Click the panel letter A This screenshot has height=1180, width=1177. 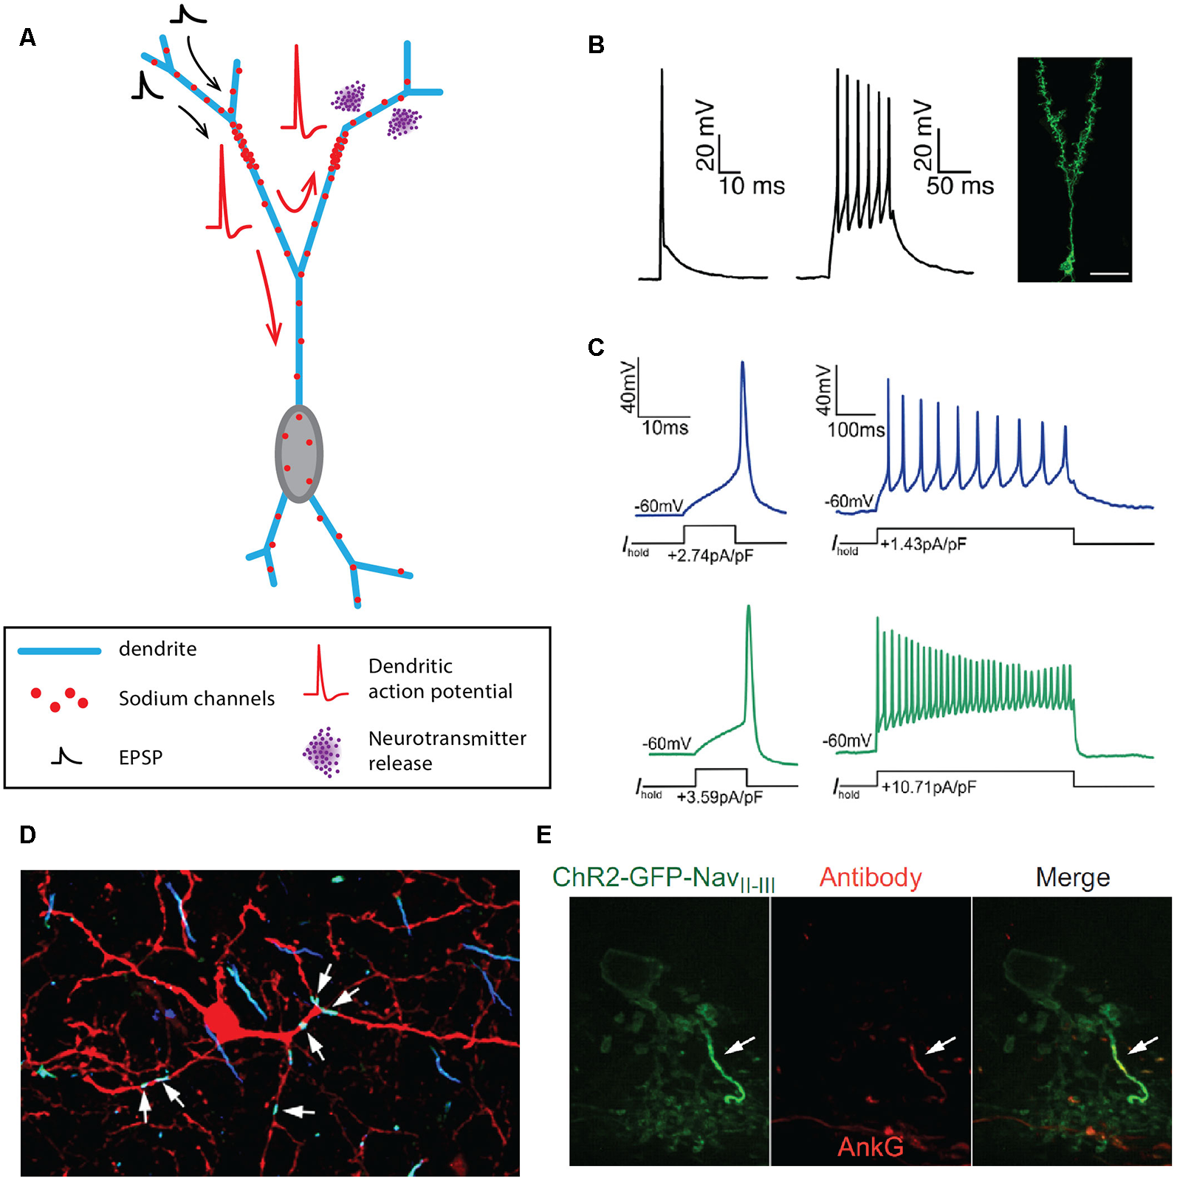point(27,38)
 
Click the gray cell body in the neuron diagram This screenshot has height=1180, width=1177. point(298,453)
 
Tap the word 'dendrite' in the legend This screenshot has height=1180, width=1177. point(157,649)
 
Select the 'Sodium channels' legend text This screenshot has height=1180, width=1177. point(196,699)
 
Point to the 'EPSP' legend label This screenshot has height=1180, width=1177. point(140,758)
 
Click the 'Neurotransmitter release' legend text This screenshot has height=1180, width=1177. point(447,750)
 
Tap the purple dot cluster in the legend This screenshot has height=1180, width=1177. point(323,752)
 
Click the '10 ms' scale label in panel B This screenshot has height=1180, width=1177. point(751,186)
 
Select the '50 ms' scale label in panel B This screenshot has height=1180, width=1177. point(959,186)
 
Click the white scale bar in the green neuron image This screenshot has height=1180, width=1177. point(1109,274)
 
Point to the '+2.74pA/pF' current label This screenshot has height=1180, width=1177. point(710,555)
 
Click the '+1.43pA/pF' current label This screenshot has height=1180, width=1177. point(923,544)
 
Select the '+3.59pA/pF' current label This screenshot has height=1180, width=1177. point(719,797)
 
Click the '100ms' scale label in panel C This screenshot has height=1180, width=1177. point(855,430)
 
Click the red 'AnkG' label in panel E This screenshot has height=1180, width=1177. point(870,1146)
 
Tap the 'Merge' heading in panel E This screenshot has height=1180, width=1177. point(1072,877)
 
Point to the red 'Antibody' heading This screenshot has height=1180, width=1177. point(870,877)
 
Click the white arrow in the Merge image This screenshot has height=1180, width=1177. point(1143,1044)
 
